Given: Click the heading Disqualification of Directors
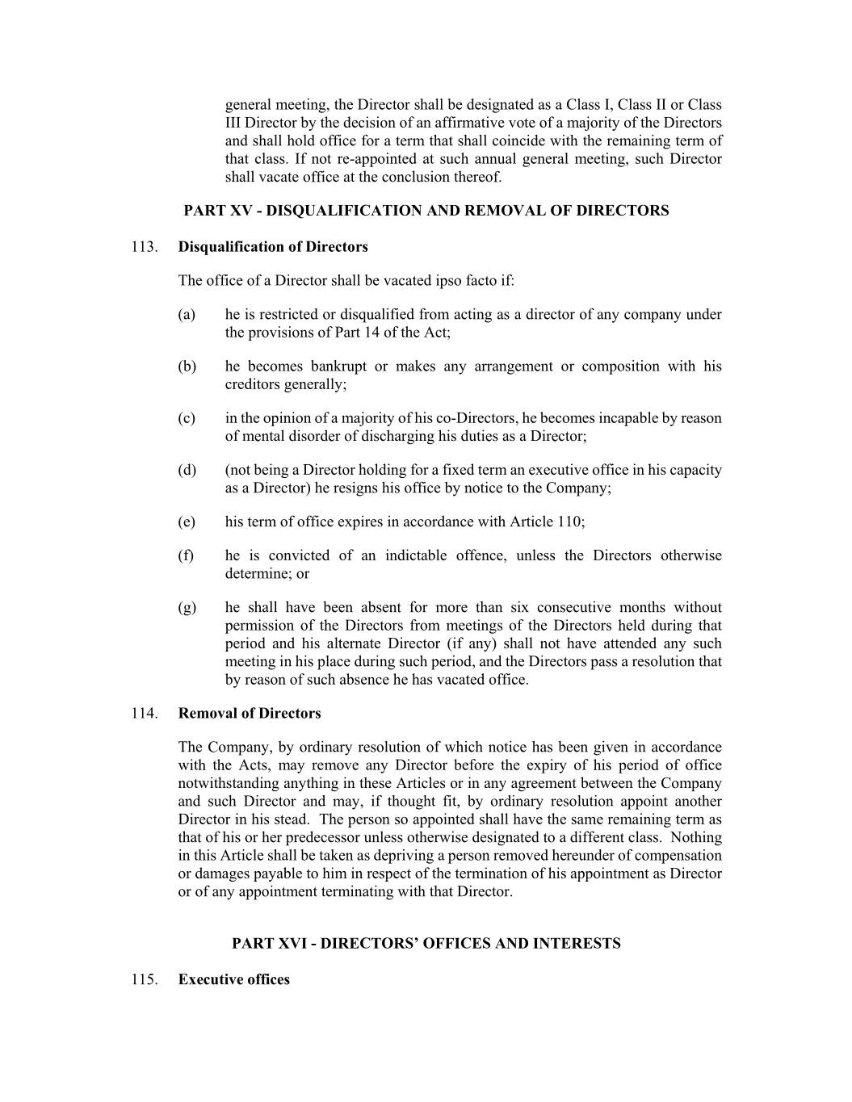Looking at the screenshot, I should (273, 247).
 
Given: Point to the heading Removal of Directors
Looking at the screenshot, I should (250, 714).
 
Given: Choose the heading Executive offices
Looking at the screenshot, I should (234, 980).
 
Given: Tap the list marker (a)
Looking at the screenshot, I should (187, 315).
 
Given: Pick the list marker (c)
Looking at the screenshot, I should (187, 418).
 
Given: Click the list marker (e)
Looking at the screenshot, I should (187, 522).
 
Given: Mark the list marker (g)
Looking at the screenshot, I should (187, 608).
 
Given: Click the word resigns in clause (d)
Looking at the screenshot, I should (360, 488).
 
